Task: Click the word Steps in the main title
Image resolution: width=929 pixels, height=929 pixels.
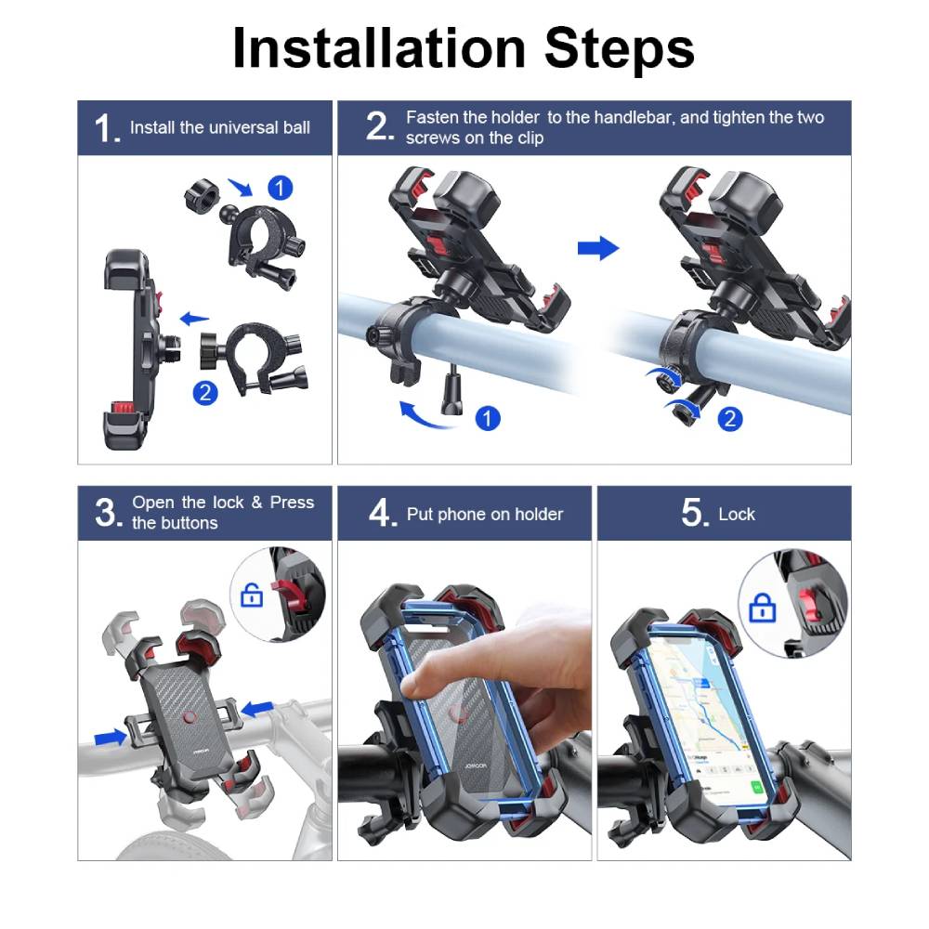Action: click(x=619, y=48)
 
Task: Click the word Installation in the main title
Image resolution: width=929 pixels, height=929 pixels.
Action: click(x=379, y=47)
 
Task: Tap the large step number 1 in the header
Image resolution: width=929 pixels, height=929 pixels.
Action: click(x=106, y=128)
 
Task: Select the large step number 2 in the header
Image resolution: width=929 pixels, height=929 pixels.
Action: click(x=379, y=126)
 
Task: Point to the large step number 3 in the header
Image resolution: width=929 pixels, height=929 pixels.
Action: click(x=108, y=513)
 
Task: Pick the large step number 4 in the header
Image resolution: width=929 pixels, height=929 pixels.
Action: click(x=382, y=513)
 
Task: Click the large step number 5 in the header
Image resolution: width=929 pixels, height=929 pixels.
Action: click(x=694, y=513)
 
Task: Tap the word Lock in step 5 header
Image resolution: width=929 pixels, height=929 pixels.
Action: click(x=737, y=515)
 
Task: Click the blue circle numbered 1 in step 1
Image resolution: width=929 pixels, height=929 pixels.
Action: click(x=281, y=189)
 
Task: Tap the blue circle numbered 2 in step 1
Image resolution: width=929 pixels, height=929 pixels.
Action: click(x=205, y=393)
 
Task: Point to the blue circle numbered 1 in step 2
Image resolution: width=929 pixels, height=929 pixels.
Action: click(x=488, y=418)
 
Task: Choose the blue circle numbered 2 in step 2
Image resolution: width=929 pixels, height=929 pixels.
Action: click(x=730, y=419)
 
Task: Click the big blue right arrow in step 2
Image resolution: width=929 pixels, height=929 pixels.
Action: click(x=598, y=248)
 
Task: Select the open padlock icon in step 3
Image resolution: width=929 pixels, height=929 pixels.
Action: click(x=252, y=595)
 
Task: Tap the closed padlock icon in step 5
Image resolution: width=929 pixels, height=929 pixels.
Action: click(x=763, y=608)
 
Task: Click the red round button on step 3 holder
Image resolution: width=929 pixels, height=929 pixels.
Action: click(x=190, y=717)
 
